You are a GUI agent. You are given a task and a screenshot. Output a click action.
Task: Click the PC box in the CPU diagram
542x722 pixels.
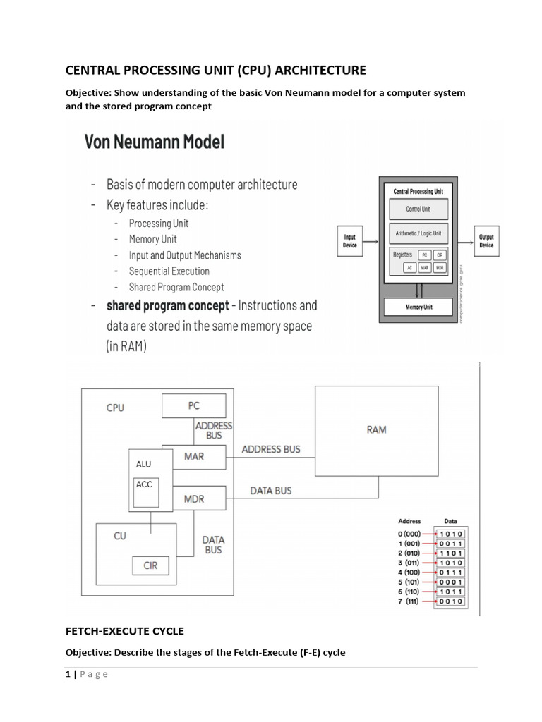click(194, 406)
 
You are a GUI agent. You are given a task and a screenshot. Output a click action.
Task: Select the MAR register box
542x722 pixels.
click(193, 456)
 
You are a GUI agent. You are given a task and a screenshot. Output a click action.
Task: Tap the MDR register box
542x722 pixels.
click(193, 498)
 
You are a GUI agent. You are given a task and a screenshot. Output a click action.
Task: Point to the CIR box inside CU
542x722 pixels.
click(150, 565)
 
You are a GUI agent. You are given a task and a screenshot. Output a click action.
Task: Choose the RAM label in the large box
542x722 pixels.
click(376, 429)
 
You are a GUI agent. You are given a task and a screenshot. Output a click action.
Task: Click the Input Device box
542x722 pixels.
click(350, 241)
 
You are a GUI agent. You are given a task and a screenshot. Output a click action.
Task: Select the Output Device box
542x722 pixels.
click(486, 241)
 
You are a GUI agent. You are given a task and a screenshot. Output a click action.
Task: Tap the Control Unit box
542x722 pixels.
click(418, 209)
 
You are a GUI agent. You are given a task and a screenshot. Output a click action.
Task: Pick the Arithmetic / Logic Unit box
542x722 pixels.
click(418, 233)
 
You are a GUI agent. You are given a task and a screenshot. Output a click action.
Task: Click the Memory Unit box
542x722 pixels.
click(418, 307)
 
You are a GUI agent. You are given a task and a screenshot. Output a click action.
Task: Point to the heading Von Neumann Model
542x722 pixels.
click(155, 142)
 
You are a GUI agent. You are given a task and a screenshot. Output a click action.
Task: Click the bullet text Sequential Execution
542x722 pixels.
click(169, 271)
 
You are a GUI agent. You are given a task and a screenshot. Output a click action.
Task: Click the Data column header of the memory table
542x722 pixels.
click(450, 522)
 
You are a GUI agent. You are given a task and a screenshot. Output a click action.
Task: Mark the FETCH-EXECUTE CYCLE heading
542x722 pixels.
click(124, 631)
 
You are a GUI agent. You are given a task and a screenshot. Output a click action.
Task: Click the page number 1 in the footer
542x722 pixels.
click(68, 674)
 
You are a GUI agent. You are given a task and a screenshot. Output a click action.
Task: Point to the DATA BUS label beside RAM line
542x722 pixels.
click(271, 491)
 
